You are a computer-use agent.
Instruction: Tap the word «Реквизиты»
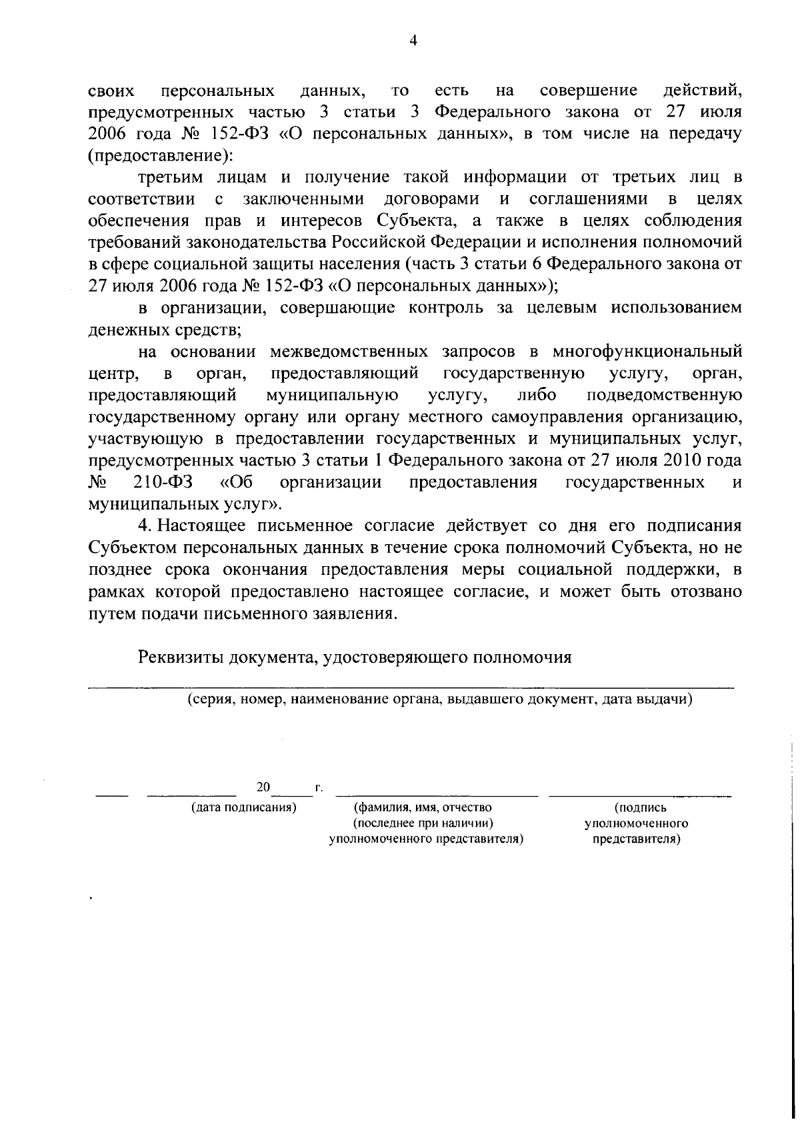(x=180, y=657)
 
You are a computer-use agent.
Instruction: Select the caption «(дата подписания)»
(x=243, y=808)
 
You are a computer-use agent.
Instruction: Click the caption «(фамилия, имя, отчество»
(x=422, y=808)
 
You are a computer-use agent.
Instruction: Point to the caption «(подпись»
(x=639, y=808)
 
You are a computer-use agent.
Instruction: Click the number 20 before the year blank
(x=263, y=787)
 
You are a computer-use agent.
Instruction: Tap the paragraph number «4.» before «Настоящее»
(x=146, y=526)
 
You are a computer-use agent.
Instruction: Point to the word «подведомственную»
(x=665, y=395)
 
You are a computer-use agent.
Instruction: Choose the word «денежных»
(x=129, y=329)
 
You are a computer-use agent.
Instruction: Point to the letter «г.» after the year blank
(x=319, y=788)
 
